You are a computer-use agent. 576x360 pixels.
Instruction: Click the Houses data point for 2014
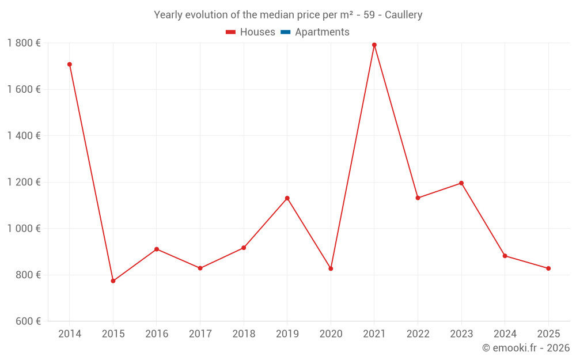(70, 65)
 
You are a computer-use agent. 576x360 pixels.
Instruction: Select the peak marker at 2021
(374, 45)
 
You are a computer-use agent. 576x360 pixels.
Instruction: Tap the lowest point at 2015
(113, 281)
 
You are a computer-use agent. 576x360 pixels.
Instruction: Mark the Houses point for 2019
(287, 198)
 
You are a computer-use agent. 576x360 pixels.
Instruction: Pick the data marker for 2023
(461, 183)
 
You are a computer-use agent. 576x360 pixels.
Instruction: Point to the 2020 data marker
(331, 268)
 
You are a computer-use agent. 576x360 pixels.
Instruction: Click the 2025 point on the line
(548, 268)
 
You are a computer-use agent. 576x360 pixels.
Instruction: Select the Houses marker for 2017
(200, 268)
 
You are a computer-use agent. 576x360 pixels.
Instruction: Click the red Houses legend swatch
(230, 32)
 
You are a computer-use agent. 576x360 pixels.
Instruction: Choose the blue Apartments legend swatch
(285, 32)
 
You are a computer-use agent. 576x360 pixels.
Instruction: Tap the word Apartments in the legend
(322, 32)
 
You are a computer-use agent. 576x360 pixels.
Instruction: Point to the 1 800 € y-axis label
(24, 43)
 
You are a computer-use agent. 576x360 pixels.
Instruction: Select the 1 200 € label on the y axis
(24, 182)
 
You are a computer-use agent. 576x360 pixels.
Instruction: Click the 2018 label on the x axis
(244, 334)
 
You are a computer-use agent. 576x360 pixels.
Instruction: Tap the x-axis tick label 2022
(418, 334)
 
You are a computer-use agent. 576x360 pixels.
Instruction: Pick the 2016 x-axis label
(157, 334)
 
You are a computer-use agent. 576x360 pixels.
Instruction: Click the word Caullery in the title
(403, 15)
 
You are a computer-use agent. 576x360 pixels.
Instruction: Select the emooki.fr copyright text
(526, 348)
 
